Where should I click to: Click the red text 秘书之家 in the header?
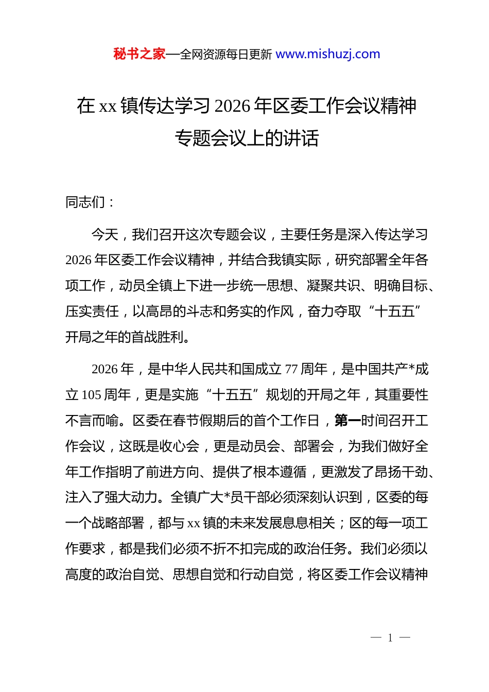[139, 54]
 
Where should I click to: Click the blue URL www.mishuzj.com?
[328, 54]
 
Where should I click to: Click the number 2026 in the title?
[232, 106]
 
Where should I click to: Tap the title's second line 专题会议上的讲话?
[247, 138]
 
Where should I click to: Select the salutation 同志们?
[85, 202]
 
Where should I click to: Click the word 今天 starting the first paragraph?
[105, 235]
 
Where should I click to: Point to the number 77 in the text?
[291, 369]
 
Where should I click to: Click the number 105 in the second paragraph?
[91, 395]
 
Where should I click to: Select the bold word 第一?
[347, 421]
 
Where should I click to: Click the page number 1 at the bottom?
[390, 638]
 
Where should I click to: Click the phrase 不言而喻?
[92, 421]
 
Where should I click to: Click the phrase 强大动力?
[131, 497]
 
